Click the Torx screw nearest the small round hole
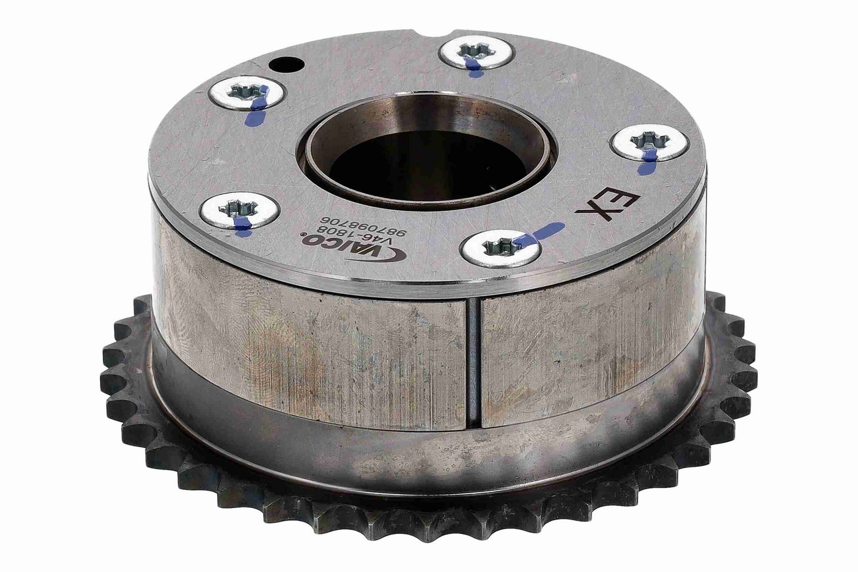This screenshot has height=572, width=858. click(248, 94)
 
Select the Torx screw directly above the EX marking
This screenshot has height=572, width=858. click(649, 143)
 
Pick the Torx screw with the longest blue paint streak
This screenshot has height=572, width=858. click(501, 249)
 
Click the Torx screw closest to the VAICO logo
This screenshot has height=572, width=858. click(239, 211)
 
